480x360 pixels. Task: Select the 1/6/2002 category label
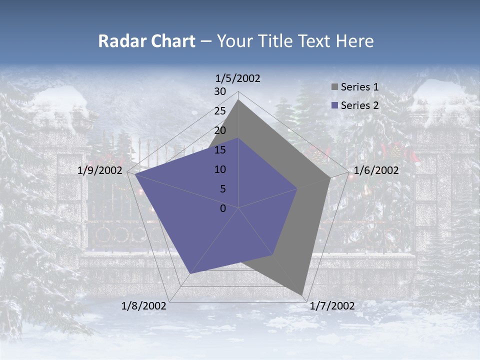click(x=376, y=170)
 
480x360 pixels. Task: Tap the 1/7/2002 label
click(x=332, y=306)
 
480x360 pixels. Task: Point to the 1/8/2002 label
click(x=144, y=306)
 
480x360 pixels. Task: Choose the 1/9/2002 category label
click(x=100, y=170)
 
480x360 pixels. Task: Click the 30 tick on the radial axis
click(x=220, y=91)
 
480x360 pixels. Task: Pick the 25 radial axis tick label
click(x=220, y=111)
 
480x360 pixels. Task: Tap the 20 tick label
click(x=220, y=130)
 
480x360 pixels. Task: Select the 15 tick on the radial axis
click(x=220, y=150)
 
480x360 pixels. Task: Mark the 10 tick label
click(x=220, y=169)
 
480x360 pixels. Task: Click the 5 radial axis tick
click(x=223, y=189)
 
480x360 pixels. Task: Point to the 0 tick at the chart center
click(x=223, y=208)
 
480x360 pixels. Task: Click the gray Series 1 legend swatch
click(x=334, y=87)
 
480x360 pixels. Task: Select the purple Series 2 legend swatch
click(x=334, y=105)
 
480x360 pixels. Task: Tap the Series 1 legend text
click(x=359, y=87)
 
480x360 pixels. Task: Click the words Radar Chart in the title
click(x=146, y=41)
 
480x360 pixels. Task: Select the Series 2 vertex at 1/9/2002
click(x=135, y=174)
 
